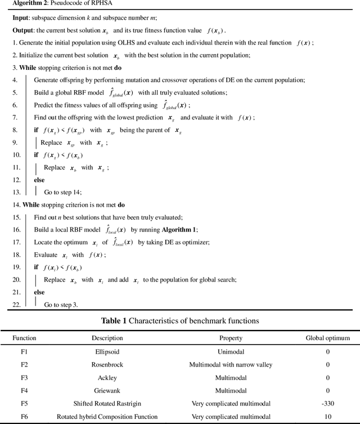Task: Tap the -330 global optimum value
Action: [327, 403]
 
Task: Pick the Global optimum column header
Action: [327, 338]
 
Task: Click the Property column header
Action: [231, 338]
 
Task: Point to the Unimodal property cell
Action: [231, 352]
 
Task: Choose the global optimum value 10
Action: [327, 416]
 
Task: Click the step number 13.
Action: [16, 192]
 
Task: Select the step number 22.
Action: [16, 304]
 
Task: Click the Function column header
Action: [24, 338]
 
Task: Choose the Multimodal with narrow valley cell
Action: [231, 365]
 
